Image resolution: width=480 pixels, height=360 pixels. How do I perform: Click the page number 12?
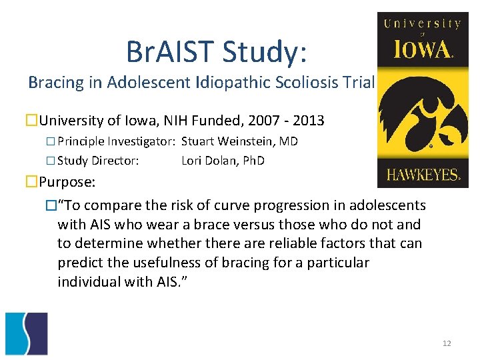(446, 343)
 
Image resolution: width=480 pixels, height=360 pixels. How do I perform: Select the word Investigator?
(141, 141)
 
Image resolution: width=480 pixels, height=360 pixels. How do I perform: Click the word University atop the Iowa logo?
(422, 24)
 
